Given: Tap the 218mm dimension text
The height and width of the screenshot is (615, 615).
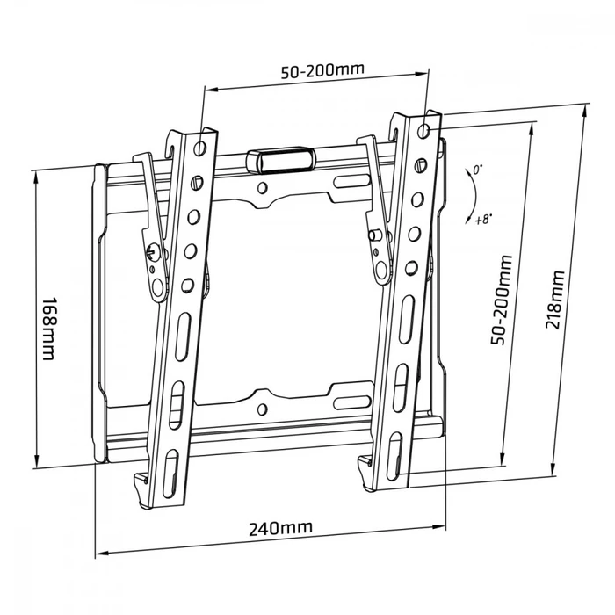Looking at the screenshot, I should pos(554,298).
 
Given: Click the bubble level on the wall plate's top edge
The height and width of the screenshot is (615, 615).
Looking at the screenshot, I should pos(280,159).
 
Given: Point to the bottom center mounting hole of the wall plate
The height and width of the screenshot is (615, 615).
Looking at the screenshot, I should pos(263,406).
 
